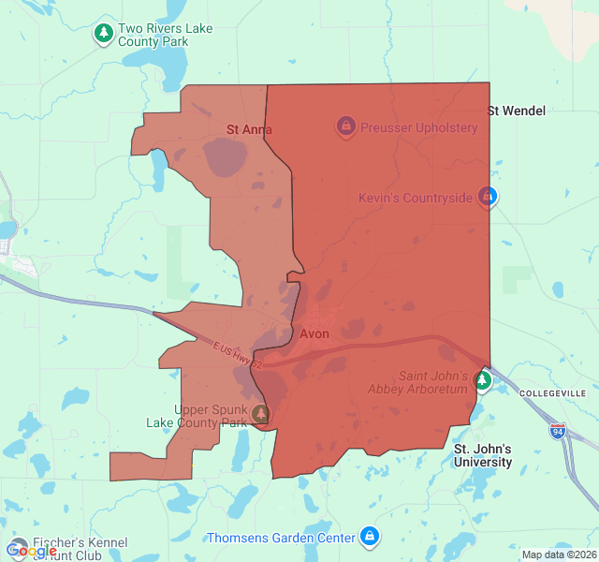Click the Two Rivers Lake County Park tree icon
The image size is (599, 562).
click(104, 35)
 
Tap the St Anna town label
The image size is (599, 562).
click(249, 129)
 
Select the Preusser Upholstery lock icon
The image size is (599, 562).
click(344, 126)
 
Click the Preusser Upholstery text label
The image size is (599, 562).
click(417, 127)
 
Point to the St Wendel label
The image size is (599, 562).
click(516, 111)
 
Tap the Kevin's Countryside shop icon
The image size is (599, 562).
click(487, 197)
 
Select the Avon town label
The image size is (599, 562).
click(314, 333)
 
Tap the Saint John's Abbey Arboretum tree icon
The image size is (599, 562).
click(482, 380)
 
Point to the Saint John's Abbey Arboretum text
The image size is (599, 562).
click(432, 382)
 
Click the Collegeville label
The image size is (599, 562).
click(552, 392)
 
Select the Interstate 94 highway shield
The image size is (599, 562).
click(558, 431)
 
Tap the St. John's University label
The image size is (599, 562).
click(483, 455)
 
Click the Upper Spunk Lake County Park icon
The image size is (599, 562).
click(260, 413)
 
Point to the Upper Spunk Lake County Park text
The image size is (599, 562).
click(197, 416)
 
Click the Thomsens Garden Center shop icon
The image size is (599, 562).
click(370, 537)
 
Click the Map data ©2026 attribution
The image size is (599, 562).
click(558, 555)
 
